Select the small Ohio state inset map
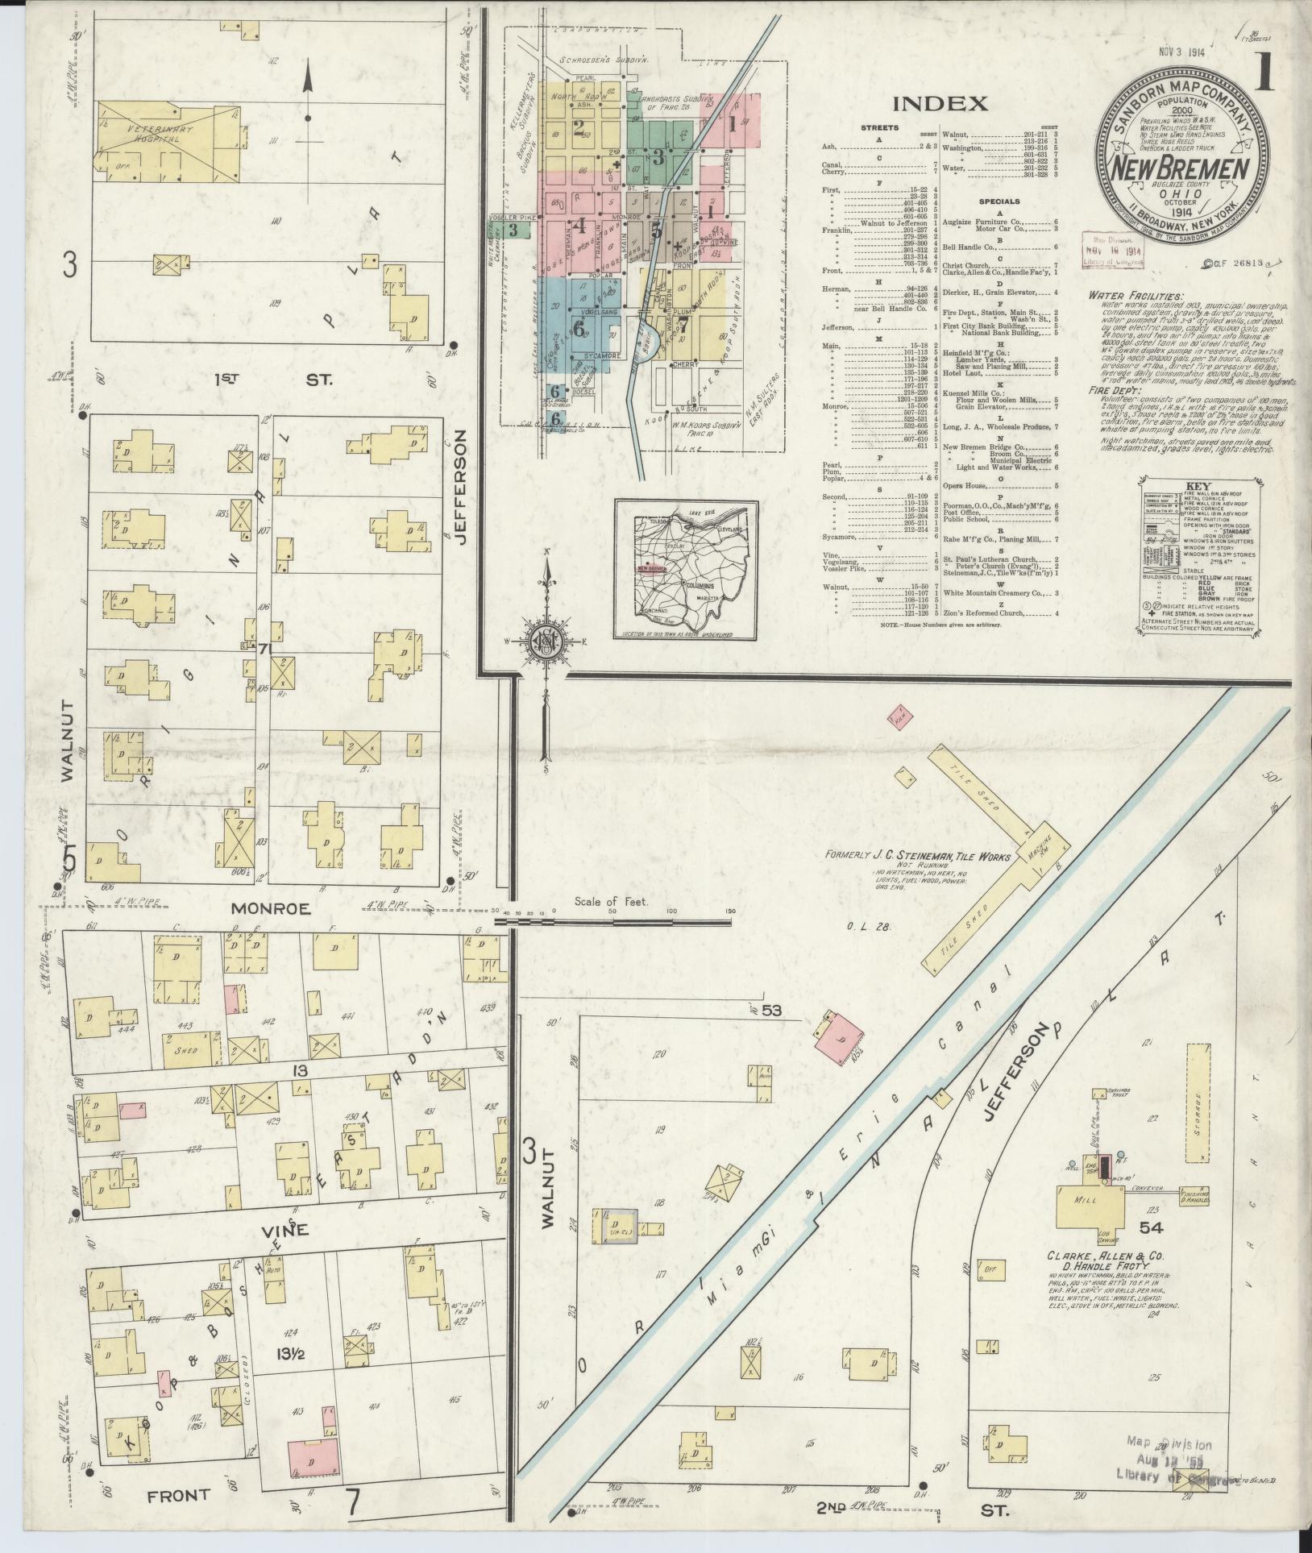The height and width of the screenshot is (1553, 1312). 685,569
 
